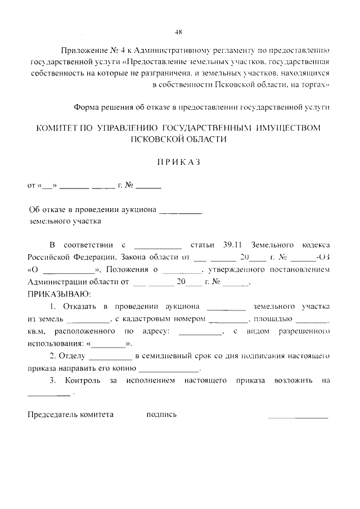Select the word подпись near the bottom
(161, 415)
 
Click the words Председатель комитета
(71, 415)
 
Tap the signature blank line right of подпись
(298, 417)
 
